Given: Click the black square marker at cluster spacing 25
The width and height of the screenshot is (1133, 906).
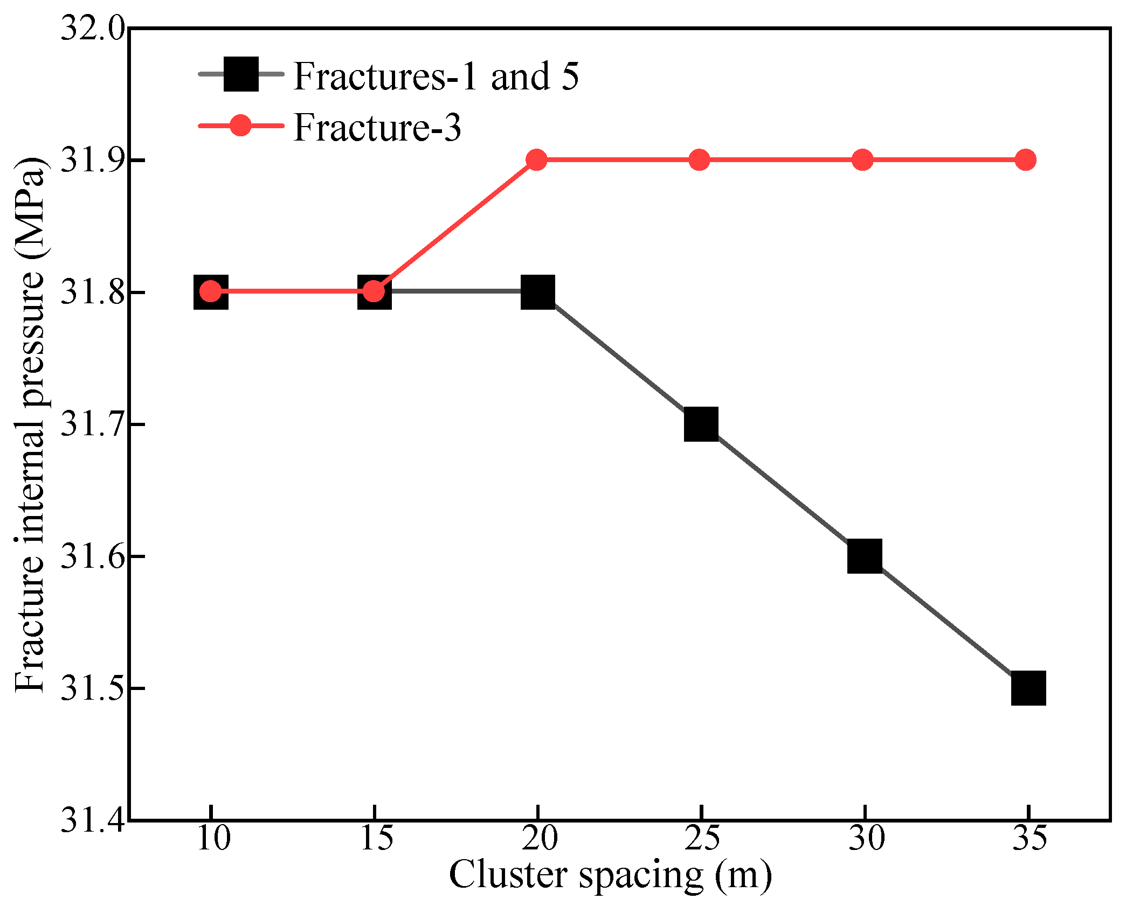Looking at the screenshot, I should pos(701,424).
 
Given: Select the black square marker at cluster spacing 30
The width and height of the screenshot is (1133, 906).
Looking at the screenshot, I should pos(865,556).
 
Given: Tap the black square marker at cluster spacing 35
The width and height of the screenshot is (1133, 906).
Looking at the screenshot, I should pos(1028,688).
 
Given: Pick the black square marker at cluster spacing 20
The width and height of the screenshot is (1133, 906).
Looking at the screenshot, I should pos(537,291).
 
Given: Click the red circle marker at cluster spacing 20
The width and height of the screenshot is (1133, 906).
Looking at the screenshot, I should pos(536,160).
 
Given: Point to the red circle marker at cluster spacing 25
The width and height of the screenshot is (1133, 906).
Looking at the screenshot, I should pos(700,160).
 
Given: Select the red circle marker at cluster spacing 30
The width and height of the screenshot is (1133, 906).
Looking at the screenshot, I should pos(862,160).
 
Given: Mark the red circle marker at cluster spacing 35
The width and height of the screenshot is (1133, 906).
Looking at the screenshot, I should pos(1025,160).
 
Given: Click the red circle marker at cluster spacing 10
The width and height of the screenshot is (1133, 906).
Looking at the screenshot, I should pos(211,291).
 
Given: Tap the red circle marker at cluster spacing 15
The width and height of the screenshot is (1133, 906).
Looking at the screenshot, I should pos(374,291).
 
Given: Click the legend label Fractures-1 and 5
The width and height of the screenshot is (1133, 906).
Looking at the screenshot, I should pos(436,76).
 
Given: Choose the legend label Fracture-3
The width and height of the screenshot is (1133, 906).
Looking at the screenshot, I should pos(377,128).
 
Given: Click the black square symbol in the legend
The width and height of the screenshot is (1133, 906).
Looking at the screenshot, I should pos(241,74).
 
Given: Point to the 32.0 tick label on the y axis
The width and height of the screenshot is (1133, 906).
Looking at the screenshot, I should pos(92,28).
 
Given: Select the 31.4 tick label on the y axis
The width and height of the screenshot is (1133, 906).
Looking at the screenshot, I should pos(92,820).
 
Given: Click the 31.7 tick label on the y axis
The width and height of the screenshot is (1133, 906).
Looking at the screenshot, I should pos(92,424).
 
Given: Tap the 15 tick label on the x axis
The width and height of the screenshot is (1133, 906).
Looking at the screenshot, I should pos(376,839).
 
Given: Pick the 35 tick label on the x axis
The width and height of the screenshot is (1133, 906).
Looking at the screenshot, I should pos(1029,839).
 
